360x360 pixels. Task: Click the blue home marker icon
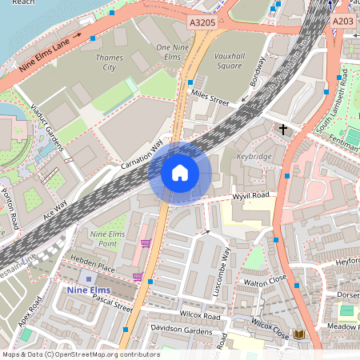(179, 172)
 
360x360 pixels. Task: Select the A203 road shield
(342, 22)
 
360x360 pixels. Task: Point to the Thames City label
(110, 62)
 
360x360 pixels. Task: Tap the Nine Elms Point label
(107, 238)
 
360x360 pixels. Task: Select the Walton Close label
(265, 282)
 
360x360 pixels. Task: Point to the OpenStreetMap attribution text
(80, 354)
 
